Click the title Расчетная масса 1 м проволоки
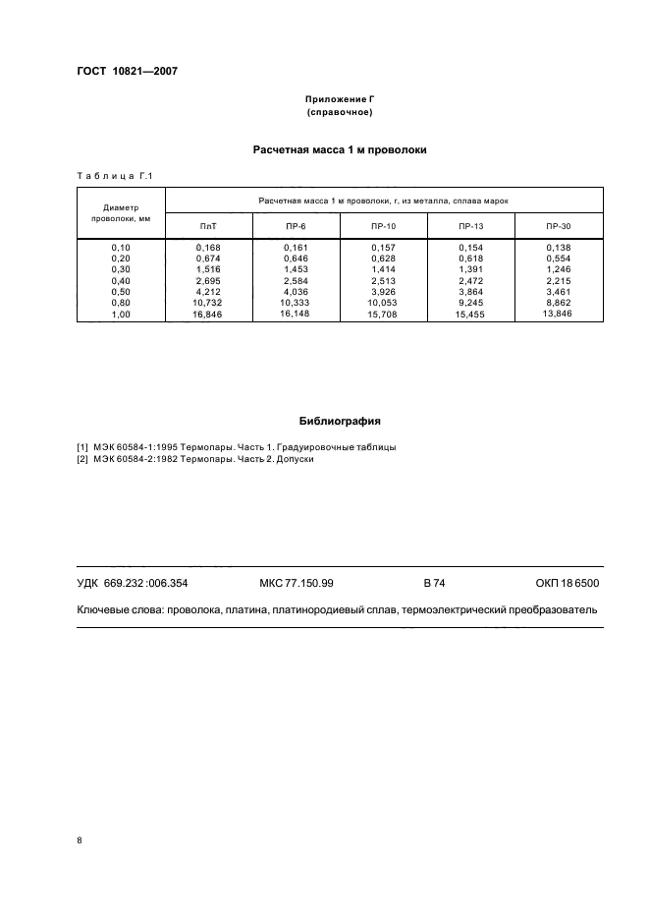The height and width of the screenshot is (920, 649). click(x=340, y=150)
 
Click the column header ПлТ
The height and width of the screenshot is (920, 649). click(x=208, y=226)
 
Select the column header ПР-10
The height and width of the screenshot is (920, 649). click(x=384, y=226)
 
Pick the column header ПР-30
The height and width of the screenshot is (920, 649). click(x=558, y=226)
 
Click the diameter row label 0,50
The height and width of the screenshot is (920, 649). click(x=121, y=291)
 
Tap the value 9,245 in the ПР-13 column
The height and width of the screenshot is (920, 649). click(x=471, y=303)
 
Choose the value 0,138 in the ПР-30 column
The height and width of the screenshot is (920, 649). click(x=558, y=246)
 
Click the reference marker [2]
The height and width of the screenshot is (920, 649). click(x=82, y=459)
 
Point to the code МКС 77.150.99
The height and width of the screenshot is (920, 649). click(x=297, y=583)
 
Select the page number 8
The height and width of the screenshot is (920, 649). click(x=80, y=840)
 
